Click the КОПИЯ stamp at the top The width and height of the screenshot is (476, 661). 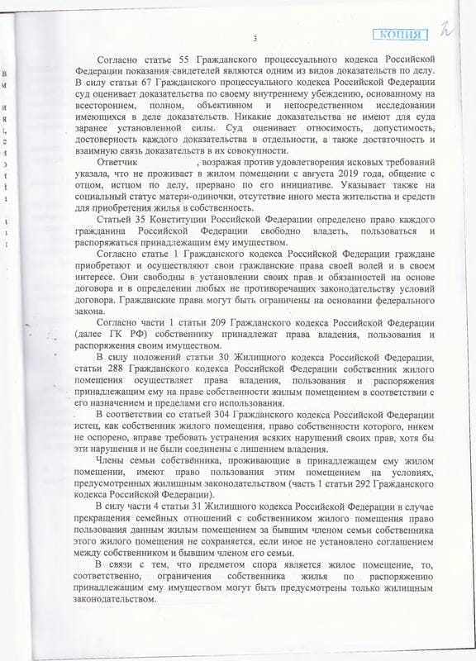point(401,34)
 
